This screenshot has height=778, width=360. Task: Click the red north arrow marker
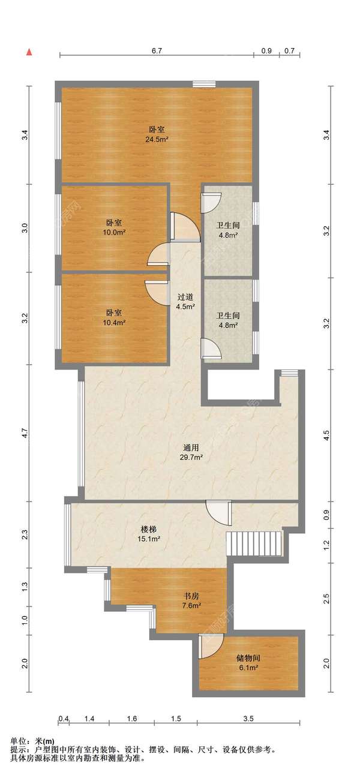[x=30, y=52]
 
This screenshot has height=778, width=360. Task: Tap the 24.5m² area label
[x=157, y=140]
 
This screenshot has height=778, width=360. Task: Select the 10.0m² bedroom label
[x=114, y=232]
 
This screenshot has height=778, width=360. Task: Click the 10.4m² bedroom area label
[x=114, y=323]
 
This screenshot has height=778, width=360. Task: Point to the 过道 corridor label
[x=185, y=298]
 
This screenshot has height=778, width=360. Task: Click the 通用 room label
[x=191, y=447]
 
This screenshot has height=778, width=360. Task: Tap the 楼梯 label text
[x=148, y=529]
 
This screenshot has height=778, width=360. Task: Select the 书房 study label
[x=191, y=596]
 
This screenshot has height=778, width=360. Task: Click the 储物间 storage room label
[x=248, y=658]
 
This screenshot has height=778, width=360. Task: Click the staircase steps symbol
[x=255, y=543]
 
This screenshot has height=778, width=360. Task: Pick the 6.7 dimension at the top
[x=157, y=51]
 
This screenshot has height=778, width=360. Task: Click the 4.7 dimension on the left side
[x=25, y=433]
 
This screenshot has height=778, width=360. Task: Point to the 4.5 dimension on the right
[x=326, y=435]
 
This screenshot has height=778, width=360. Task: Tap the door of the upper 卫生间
[x=211, y=203]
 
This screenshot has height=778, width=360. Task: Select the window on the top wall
[x=205, y=85]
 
